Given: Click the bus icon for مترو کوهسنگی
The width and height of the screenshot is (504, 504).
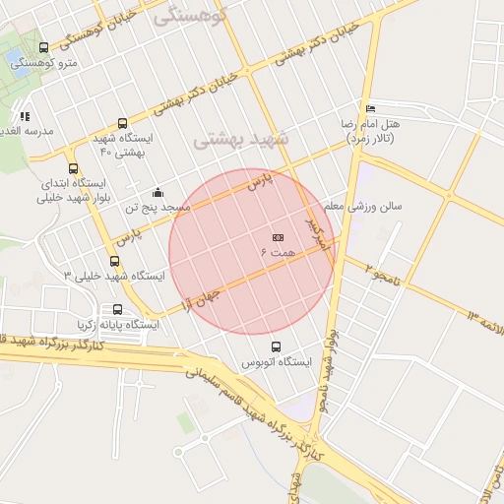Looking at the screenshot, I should click(43, 47).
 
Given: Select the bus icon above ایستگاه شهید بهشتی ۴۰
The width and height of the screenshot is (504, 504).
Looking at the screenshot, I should click(122, 124).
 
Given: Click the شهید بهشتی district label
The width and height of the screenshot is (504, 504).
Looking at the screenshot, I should click(241, 139).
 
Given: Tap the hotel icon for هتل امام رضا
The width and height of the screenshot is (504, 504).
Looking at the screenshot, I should click(370, 108).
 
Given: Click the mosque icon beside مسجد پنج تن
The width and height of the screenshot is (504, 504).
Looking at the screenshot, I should click(158, 193).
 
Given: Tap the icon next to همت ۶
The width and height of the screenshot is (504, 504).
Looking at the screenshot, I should click(278, 237).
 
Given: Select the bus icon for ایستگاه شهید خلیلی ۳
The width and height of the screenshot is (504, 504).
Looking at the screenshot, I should click(115, 262).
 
